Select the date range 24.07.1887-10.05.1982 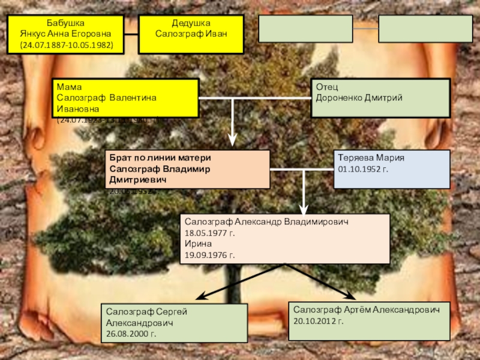click(x=66, y=45)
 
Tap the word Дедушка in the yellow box click(x=191, y=23)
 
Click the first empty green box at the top click(x=305, y=29)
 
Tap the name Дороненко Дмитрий click(x=359, y=98)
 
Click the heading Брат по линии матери click(x=160, y=157)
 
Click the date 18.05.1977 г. click(x=210, y=233)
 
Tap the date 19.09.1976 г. click(x=210, y=256)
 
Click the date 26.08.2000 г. click(x=131, y=334)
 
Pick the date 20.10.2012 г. click(x=319, y=321)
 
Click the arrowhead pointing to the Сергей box click(x=203, y=296)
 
